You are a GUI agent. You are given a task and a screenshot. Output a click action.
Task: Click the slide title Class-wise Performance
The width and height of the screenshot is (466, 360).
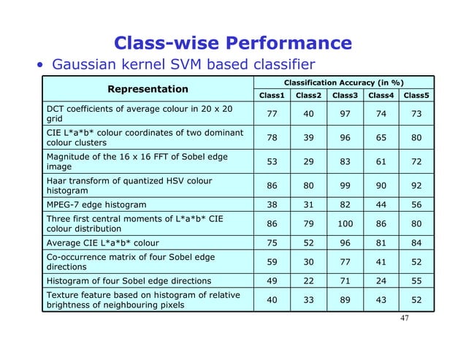pyautogui.click(x=233, y=43)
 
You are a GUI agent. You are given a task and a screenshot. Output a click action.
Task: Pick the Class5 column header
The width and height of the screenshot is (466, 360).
pyautogui.click(x=416, y=95)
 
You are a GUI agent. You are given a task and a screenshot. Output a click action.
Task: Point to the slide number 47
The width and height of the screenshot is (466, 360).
pyautogui.click(x=403, y=320)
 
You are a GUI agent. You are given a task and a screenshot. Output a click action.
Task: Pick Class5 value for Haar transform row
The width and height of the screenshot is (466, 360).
pyautogui.click(x=416, y=186)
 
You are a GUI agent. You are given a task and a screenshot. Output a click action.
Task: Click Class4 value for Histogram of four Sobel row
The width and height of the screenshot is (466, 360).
pyautogui.click(x=381, y=280)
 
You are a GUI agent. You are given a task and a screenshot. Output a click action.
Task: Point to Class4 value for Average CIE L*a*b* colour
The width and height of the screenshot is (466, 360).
pyautogui.click(x=381, y=242)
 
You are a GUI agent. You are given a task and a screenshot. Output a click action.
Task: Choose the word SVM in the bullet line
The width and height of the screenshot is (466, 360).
pyautogui.click(x=195, y=64)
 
